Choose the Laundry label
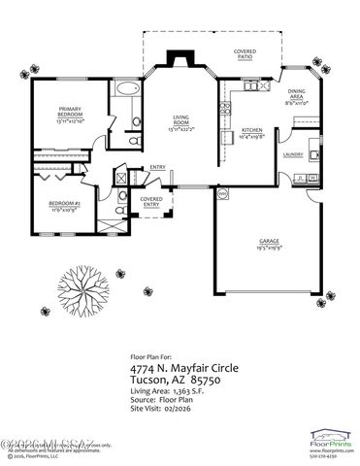pyautogui.click(x=293, y=154)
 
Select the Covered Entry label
pyautogui.click(x=152, y=203)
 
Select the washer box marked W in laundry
pyautogui.click(x=312, y=177)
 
